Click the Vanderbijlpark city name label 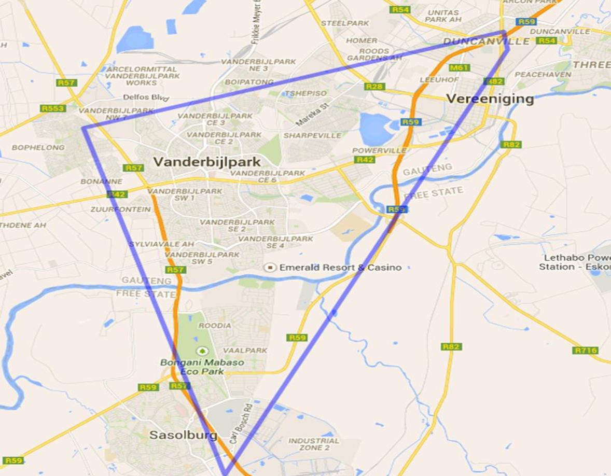(207, 162)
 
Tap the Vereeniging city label (490, 99)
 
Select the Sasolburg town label (183, 435)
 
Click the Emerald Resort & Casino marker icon (269, 268)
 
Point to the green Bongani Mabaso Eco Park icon (202, 351)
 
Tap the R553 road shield (53, 108)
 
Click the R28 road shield (374, 86)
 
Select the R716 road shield (586, 350)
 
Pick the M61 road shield (460, 67)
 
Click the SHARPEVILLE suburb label (312, 135)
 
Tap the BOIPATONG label (249, 82)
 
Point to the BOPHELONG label (38, 147)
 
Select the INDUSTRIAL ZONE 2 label (314, 444)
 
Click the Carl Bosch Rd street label (240, 422)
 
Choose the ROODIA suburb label (215, 326)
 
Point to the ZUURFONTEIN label (121, 209)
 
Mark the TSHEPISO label (306, 93)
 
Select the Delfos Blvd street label (143, 97)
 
